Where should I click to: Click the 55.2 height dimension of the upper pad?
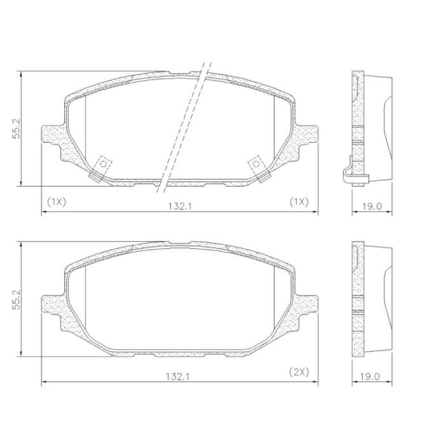[x=16, y=128]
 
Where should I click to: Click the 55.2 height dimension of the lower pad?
[x=16, y=300]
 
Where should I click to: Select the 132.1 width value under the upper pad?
[x=180, y=206]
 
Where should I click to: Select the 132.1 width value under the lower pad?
[x=177, y=376]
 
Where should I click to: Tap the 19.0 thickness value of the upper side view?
[x=372, y=206]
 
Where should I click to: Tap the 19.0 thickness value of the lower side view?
[x=370, y=376]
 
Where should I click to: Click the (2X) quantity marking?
[x=299, y=372]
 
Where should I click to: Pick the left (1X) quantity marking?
[x=57, y=202]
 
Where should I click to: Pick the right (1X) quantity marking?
[x=299, y=202]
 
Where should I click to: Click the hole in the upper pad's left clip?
[x=103, y=164]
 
